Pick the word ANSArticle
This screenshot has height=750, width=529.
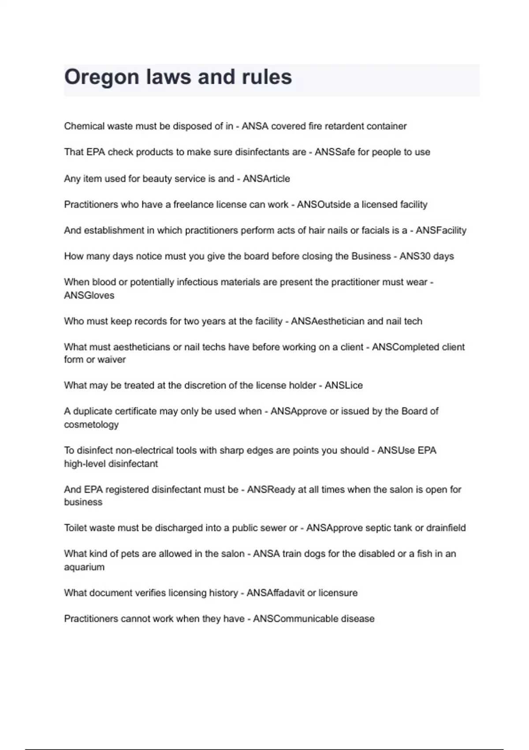[x=266, y=179]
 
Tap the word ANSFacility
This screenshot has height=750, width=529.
[x=441, y=230]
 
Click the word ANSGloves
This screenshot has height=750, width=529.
[x=89, y=296]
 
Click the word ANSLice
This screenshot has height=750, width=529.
[x=343, y=386]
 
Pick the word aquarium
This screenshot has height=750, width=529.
[x=84, y=567]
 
